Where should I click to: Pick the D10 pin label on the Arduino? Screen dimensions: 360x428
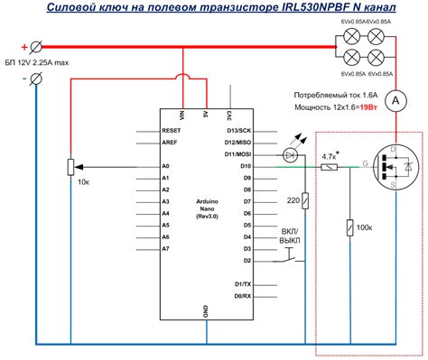coord(219,167)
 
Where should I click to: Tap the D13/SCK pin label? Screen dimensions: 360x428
coord(212,130)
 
